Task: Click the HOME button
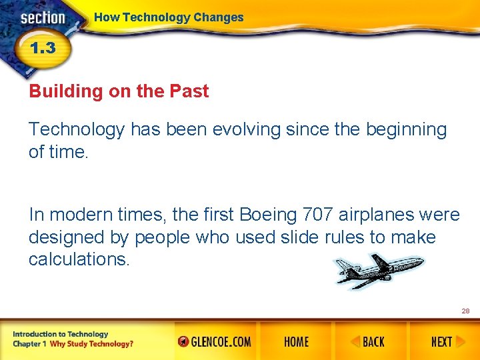point(296,342)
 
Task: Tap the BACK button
point(368,342)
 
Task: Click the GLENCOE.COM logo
point(215,342)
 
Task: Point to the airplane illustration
point(378,271)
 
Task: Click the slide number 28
point(465,311)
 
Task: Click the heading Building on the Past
point(119,91)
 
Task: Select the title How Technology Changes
point(169,17)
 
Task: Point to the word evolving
point(247,129)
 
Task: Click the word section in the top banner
point(43,18)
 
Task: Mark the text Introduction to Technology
point(60,334)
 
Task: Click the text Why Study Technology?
point(91,344)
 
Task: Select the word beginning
point(406,129)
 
